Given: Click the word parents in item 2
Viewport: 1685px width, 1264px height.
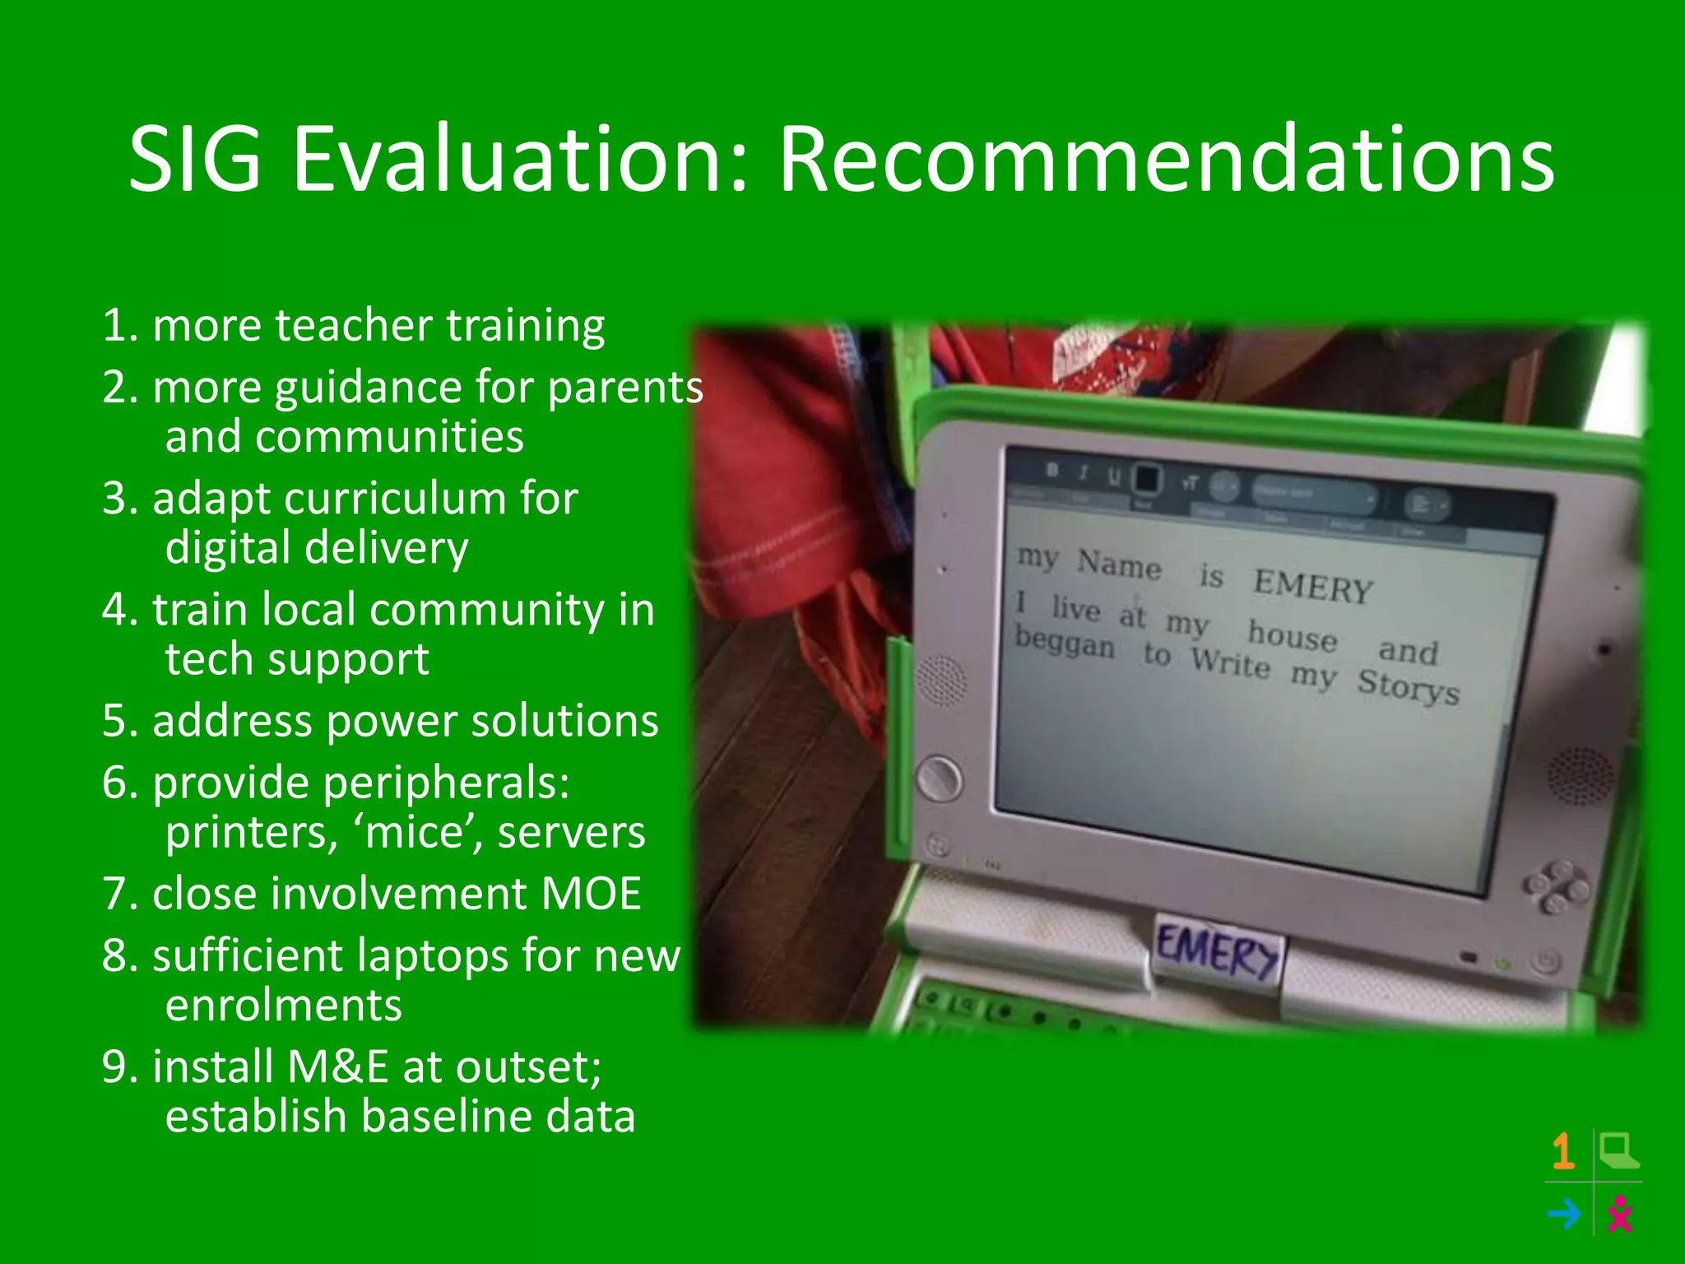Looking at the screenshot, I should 625,388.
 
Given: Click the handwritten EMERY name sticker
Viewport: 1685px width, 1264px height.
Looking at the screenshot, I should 1216,953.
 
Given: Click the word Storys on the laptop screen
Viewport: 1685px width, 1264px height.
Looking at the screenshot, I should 1408,685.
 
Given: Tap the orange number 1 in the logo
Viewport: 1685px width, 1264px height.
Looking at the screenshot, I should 1563,1151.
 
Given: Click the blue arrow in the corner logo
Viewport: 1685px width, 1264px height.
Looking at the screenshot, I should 1563,1214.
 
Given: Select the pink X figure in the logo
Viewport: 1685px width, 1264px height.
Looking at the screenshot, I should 1619,1214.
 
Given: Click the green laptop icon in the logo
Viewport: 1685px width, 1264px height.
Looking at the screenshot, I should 1618,1150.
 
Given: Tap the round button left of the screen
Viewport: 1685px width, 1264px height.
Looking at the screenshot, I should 939,777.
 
